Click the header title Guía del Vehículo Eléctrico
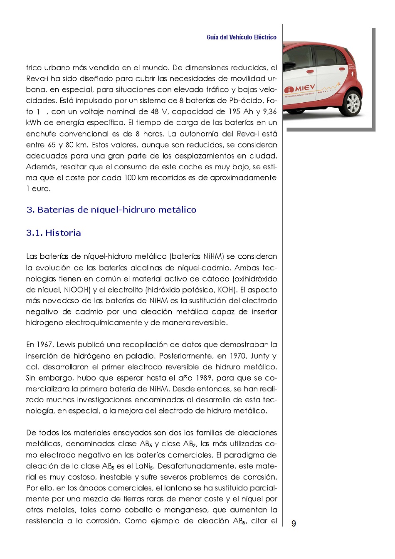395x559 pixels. click(241, 37)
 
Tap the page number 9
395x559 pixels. click(294, 524)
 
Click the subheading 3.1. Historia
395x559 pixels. click(54, 233)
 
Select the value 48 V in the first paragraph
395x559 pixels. click(159, 111)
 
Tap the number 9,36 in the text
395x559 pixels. click(269, 111)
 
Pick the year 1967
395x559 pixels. click(45, 345)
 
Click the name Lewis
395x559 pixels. click(66, 345)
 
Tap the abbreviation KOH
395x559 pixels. click(226, 290)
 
